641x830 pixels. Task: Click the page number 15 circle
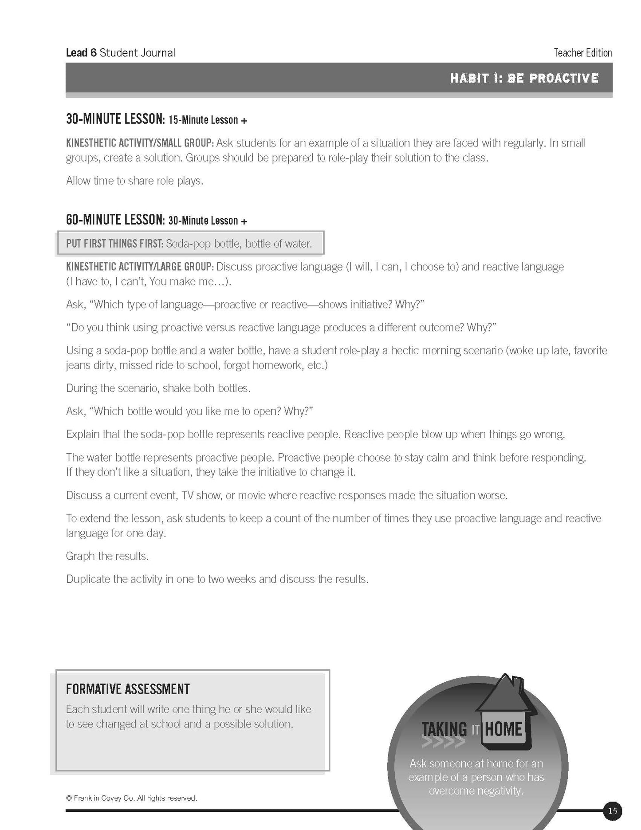(612, 811)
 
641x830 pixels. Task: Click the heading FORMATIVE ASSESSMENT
(128, 689)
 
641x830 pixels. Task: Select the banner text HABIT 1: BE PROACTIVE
(524, 78)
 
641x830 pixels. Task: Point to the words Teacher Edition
(582, 53)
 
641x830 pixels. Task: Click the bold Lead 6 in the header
(81, 53)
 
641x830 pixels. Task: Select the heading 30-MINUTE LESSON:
(115, 119)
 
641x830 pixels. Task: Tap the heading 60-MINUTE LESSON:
(115, 220)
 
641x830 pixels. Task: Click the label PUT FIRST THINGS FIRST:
(115, 244)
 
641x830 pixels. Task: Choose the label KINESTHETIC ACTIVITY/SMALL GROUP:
(140, 143)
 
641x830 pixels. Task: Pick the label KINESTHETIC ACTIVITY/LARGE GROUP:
(140, 267)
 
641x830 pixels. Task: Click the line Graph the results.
(107, 556)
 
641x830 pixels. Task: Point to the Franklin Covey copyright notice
(132, 798)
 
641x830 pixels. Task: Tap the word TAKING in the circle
(444, 730)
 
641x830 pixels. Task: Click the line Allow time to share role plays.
(135, 181)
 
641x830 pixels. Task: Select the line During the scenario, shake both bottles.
(158, 388)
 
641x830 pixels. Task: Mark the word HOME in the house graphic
(503, 729)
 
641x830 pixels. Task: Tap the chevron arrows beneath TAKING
(444, 743)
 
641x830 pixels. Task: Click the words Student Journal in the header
(138, 53)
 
